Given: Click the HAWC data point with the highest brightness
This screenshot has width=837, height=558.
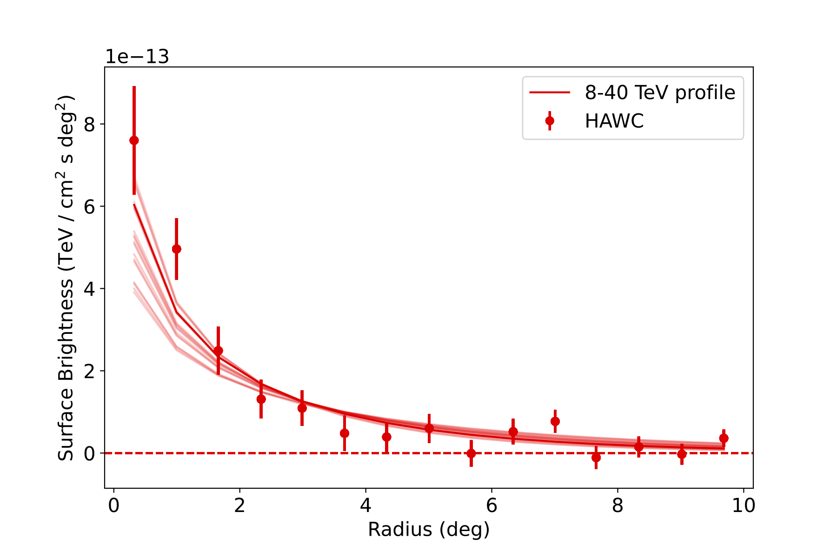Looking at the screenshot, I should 134,140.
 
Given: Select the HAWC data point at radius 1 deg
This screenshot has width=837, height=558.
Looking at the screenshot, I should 176,249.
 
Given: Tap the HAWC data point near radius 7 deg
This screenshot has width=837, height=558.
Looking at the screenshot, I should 555,421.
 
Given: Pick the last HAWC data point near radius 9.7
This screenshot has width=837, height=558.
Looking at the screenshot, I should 724,438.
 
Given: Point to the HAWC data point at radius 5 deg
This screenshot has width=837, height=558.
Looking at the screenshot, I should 429,428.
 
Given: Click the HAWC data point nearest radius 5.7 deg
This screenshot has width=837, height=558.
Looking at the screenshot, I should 471,453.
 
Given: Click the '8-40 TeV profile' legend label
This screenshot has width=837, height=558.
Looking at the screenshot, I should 660,93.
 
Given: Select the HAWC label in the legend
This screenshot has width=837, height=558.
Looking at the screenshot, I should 614,121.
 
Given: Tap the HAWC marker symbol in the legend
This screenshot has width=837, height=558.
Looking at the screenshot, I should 550,121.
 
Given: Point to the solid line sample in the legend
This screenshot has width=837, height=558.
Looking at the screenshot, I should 550,93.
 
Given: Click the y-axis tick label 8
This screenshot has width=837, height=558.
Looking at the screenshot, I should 89,125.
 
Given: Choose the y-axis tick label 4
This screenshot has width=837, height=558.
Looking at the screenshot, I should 89,289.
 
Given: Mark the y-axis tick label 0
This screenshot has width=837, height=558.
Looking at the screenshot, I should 89,453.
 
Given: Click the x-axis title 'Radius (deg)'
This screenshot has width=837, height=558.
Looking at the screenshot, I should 429,530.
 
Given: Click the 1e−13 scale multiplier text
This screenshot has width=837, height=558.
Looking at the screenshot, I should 137,57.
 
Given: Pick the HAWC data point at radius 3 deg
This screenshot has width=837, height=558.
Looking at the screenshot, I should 302,408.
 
